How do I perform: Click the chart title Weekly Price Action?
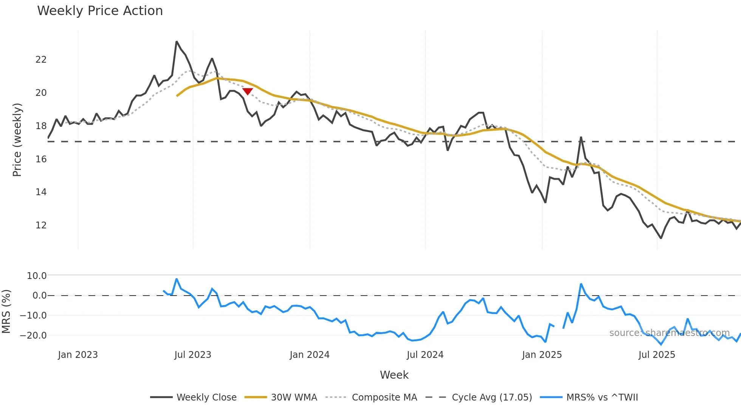coord(100,11)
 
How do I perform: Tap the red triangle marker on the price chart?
coord(247,91)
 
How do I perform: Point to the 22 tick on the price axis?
coord(41,60)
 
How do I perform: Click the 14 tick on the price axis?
coord(41,192)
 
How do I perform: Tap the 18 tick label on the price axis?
coord(41,126)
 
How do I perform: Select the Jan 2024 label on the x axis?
coord(310,355)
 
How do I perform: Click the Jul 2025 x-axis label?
coord(657,355)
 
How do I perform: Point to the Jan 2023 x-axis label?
coord(78,355)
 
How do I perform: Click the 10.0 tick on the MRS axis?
coord(37,276)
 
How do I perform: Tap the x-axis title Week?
coord(394,375)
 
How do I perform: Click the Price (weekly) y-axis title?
coord(17,140)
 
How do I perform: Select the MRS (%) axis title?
coord(6,311)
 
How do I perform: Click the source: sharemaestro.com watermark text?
coord(669,333)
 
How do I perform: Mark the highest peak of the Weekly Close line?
coord(177,42)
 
